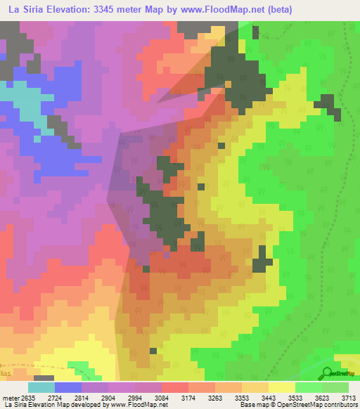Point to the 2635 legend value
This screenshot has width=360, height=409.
(x=26, y=398)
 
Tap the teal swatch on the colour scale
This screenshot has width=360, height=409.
(x=41, y=387)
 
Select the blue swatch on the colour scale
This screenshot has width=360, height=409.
(x=69, y=387)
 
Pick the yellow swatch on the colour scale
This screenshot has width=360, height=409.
(x=281, y=387)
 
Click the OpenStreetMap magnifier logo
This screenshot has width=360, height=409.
(x=327, y=373)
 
